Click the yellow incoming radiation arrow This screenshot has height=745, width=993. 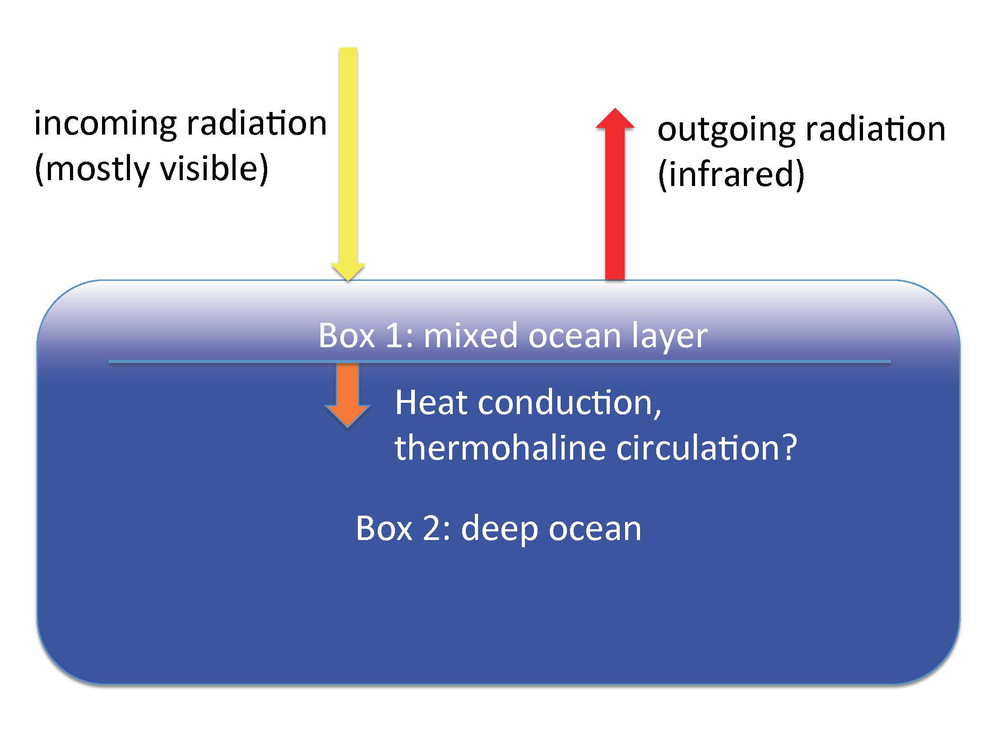point(348,164)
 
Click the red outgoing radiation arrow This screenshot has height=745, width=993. point(615,194)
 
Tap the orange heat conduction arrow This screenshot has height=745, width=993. point(348,396)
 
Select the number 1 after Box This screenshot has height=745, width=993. point(395,336)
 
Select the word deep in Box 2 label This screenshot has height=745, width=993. point(499,530)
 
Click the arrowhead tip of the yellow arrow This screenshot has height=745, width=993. point(348,281)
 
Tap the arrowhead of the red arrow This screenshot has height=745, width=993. point(615,118)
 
